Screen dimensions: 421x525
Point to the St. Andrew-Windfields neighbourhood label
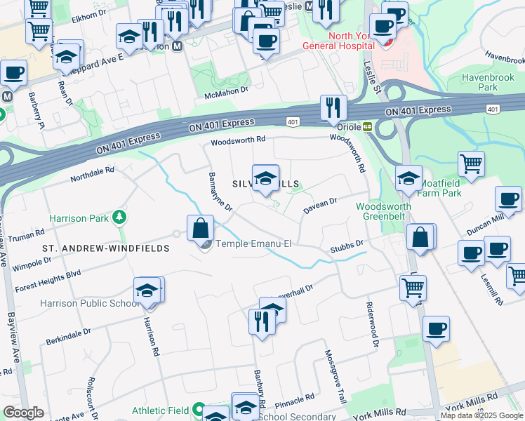(x=105, y=248)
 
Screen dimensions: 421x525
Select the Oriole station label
(x=349, y=128)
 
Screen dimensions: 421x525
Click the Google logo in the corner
(x=23, y=413)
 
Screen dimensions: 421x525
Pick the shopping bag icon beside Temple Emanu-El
(x=201, y=228)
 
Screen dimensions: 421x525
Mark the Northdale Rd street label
(x=91, y=174)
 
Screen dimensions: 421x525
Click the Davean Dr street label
(x=320, y=205)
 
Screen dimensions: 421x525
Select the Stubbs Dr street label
(x=349, y=247)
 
